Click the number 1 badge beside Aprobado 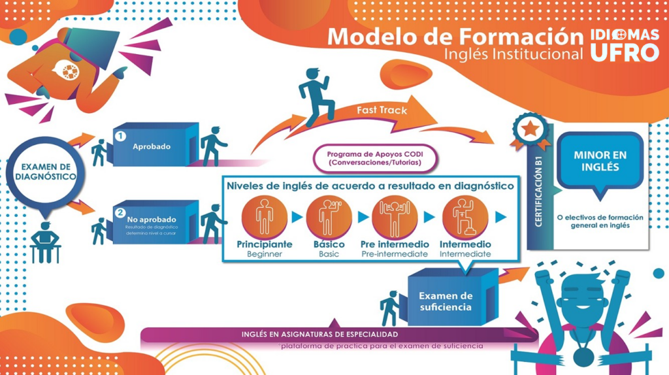coord(120,137)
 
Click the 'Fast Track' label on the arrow coord(382,110)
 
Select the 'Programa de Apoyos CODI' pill coord(374,158)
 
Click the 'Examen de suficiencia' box coord(446,301)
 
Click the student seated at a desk coord(44,242)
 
